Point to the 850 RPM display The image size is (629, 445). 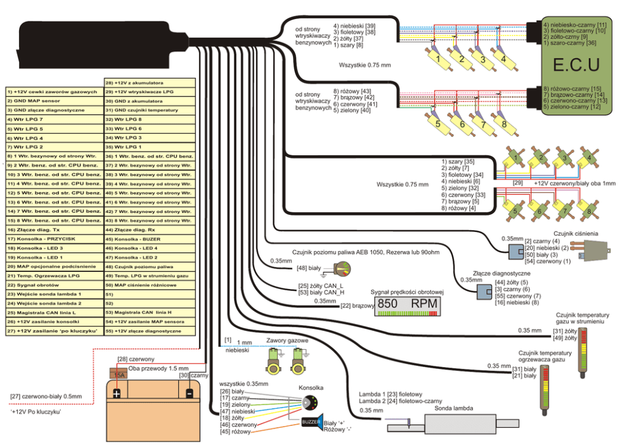click(407, 305)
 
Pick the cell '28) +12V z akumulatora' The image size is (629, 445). click(150, 82)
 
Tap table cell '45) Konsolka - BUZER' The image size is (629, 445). click(150, 239)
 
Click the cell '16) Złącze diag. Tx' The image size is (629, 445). click(53, 229)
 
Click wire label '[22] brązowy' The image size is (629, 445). click(355, 306)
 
